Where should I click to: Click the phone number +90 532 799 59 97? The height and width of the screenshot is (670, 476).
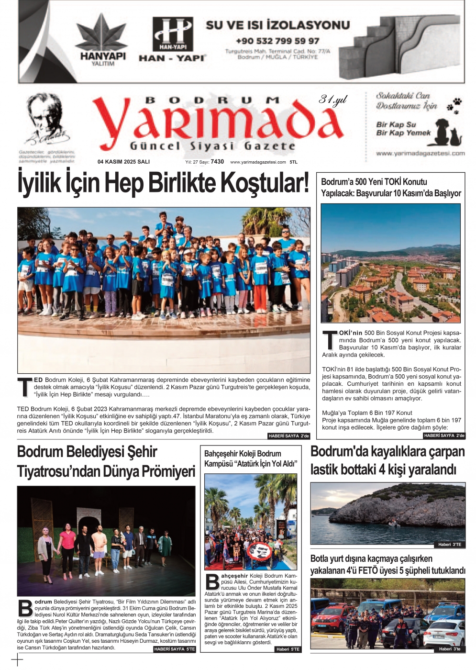[277, 41]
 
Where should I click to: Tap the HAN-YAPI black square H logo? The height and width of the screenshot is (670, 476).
[173, 34]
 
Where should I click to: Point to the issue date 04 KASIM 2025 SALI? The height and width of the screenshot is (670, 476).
[123, 162]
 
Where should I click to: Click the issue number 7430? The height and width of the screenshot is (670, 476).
[217, 162]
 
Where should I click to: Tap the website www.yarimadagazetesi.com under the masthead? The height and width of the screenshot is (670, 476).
[258, 162]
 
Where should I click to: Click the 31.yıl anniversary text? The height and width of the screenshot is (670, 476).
[333, 100]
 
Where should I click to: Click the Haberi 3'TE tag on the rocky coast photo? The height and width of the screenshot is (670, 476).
[450, 545]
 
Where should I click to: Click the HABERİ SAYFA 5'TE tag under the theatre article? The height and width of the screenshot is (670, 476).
[175, 649]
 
